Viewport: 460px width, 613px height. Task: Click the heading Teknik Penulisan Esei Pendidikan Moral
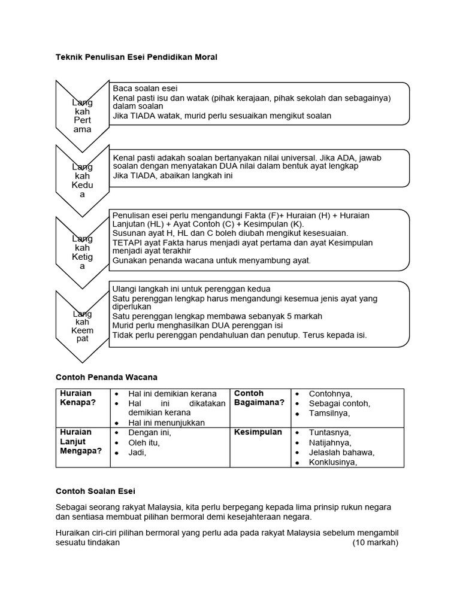click(x=136, y=57)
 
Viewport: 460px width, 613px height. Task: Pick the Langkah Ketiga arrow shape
click(x=82, y=252)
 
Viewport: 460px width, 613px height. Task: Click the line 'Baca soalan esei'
click(x=145, y=89)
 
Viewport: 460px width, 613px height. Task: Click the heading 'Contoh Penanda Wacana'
click(x=106, y=377)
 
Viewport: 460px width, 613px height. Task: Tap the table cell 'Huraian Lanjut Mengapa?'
click(x=80, y=442)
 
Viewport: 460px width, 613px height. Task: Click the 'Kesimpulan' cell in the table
click(x=258, y=432)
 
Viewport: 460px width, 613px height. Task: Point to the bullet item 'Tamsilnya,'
click(x=329, y=414)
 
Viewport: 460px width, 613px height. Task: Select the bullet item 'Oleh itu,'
click(x=144, y=443)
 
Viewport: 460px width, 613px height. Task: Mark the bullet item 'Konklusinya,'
click(x=333, y=462)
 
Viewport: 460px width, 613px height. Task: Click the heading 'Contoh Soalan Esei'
click(x=95, y=491)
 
